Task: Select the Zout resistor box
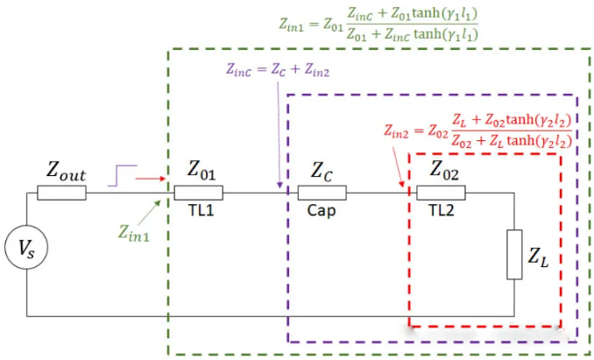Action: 61,193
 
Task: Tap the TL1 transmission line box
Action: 198,193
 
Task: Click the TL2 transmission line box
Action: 441,193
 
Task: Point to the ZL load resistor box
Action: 514,254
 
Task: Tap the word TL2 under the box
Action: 441,210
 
